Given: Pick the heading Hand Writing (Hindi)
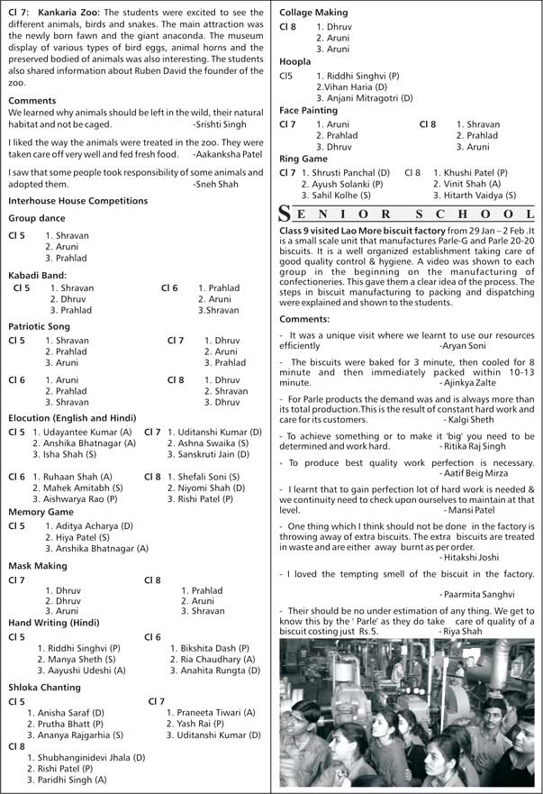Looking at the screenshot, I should (x=54, y=622).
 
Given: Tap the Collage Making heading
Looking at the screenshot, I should (x=313, y=13).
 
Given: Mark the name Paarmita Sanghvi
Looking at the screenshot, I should (x=478, y=594).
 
